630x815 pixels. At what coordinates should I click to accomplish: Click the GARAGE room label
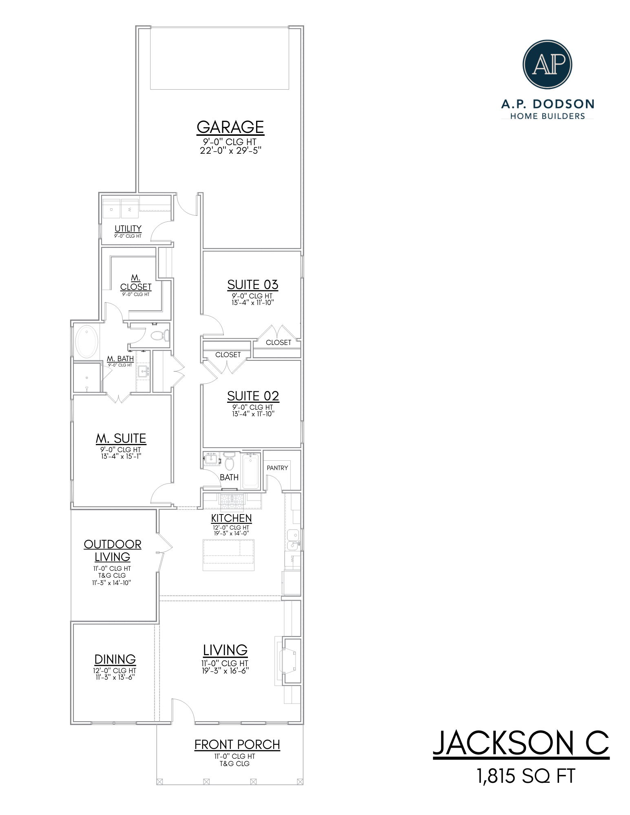point(230,127)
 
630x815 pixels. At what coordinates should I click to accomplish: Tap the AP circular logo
point(547,64)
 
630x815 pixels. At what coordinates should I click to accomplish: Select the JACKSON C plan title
point(521,743)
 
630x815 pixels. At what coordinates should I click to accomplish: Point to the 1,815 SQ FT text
point(526,776)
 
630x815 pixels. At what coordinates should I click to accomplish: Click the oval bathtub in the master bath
point(87,342)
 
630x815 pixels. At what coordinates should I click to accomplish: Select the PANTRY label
point(277,468)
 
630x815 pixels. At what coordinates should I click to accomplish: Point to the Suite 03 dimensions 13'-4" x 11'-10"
point(253,303)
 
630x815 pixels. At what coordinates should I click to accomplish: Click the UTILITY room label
point(128,229)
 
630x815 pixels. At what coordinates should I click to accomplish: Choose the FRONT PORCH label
point(237,744)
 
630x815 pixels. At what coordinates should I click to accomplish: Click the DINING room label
point(115,659)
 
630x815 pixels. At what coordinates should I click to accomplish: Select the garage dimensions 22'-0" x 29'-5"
point(230,150)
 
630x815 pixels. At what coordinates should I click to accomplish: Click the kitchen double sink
point(293,539)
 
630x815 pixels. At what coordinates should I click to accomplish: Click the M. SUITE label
point(121,438)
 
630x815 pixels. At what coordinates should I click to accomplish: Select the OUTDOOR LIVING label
point(113,550)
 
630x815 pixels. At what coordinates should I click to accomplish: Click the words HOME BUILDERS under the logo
point(547,116)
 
